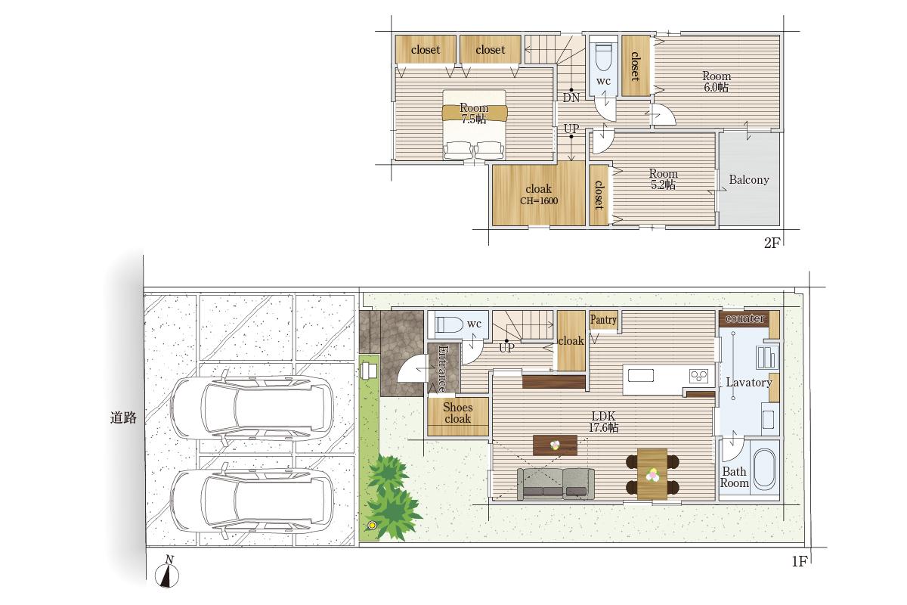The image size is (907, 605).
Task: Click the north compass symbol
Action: [x=167, y=572]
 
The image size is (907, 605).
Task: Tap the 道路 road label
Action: [x=123, y=417]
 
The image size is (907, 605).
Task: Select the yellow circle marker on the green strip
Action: [x=372, y=526]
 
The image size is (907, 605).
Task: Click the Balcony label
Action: [x=749, y=179]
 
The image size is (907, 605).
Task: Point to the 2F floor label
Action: [x=772, y=243]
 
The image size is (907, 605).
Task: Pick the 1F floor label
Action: [x=800, y=561]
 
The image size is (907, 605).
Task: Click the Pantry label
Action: [x=603, y=320]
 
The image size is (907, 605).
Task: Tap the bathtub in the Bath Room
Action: [x=764, y=469]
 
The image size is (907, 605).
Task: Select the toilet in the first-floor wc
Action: [x=450, y=325]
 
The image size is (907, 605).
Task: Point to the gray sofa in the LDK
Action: [x=556, y=483]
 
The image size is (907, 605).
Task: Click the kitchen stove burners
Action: [x=699, y=376]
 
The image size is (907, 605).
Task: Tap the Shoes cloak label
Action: [x=458, y=413]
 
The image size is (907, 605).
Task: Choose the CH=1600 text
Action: [x=539, y=201]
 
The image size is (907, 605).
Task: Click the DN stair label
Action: [x=571, y=98]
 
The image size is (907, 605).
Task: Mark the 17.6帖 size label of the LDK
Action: [x=603, y=427]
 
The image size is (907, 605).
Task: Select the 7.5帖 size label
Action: [x=474, y=119]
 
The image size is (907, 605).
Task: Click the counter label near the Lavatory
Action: [x=745, y=318]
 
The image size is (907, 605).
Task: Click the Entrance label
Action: [x=444, y=368]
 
